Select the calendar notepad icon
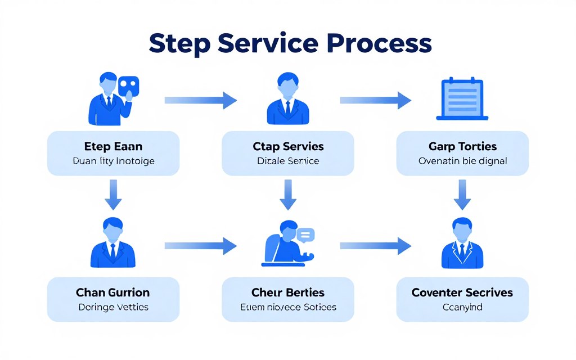[x=462, y=100]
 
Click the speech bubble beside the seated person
[x=305, y=235]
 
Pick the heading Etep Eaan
[x=114, y=147]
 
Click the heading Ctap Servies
[x=288, y=147]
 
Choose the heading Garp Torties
[x=462, y=147]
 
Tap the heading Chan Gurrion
[x=113, y=292]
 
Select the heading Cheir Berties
[x=288, y=292]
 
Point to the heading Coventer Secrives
[x=462, y=292]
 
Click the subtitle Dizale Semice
[x=288, y=161]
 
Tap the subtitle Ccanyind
[x=462, y=307]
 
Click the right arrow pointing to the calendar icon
[x=376, y=100]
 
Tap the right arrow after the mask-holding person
[x=201, y=100]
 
